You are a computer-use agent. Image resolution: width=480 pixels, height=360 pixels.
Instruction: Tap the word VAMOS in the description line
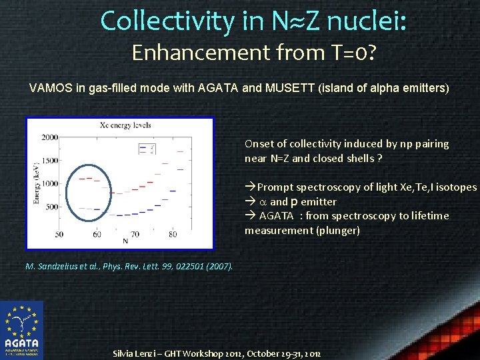click(49, 88)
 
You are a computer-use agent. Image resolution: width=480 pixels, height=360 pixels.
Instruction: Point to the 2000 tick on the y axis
click(50, 137)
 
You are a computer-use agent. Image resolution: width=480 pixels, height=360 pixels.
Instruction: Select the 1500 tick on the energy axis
click(50, 161)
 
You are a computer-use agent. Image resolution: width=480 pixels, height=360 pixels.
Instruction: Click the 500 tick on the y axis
click(52, 207)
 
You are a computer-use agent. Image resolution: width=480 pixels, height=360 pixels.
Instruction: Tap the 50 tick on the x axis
click(59, 235)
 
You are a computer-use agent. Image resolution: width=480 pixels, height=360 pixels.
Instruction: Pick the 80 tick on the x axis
click(173, 235)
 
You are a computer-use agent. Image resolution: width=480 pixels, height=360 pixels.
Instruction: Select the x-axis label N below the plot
click(125, 241)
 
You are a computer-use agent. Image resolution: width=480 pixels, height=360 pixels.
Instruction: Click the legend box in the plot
click(147, 148)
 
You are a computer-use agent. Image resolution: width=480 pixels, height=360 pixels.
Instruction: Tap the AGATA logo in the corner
click(22, 329)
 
